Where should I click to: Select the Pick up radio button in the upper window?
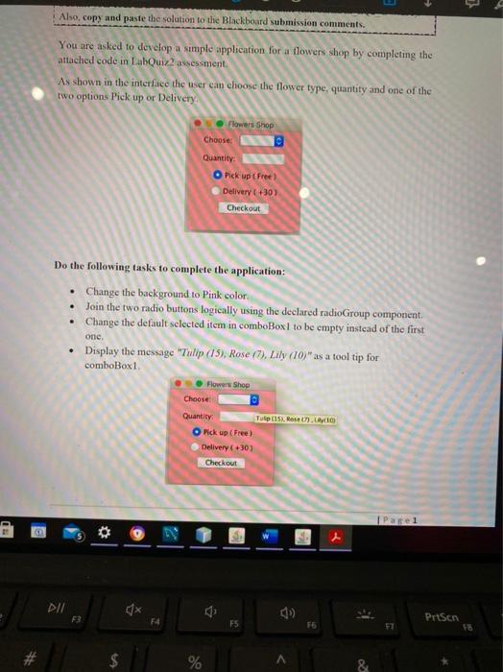(219, 176)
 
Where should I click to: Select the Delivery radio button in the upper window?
(219, 191)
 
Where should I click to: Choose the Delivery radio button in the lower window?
(196, 447)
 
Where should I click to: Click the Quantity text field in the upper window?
(261, 158)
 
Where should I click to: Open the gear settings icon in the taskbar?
(96, 534)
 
